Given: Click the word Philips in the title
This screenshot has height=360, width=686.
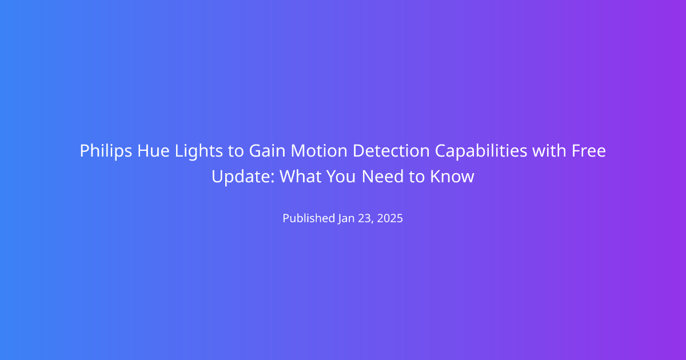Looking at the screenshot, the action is coord(106,151).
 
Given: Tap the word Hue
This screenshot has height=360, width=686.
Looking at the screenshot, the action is coord(153,151).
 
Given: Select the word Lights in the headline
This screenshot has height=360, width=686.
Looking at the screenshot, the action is coord(199,151).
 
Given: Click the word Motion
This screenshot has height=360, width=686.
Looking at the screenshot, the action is coord(319,151).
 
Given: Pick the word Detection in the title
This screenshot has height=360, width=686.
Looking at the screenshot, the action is coord(392,151).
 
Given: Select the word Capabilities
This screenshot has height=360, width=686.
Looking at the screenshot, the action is coord(481,151).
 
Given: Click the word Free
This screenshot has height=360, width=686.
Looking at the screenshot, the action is coord(589,151).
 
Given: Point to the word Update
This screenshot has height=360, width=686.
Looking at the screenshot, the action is coord(243,177).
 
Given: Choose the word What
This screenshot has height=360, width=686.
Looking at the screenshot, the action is coord(301,177).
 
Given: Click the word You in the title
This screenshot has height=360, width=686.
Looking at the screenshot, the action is coord(341,177).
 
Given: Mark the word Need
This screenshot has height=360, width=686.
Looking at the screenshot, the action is coord(383,177).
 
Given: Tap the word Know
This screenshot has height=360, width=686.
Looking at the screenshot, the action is coord(452,177).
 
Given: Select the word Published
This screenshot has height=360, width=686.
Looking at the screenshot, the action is coord(309,218).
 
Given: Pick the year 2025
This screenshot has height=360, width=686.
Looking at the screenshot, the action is coord(390,218).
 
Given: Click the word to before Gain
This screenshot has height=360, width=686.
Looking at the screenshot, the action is coord(236,151).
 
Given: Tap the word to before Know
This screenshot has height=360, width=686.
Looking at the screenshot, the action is coord(417,177).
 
